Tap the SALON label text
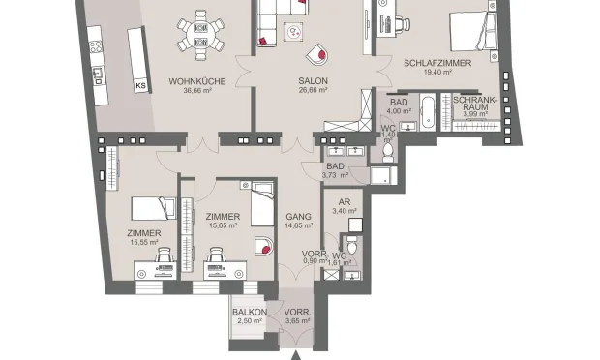(x=312, y=81)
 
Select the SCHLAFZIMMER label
(x=437, y=62)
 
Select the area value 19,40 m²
(x=437, y=73)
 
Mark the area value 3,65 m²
(x=296, y=321)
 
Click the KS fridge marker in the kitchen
(x=140, y=85)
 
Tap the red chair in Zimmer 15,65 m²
(x=260, y=244)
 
